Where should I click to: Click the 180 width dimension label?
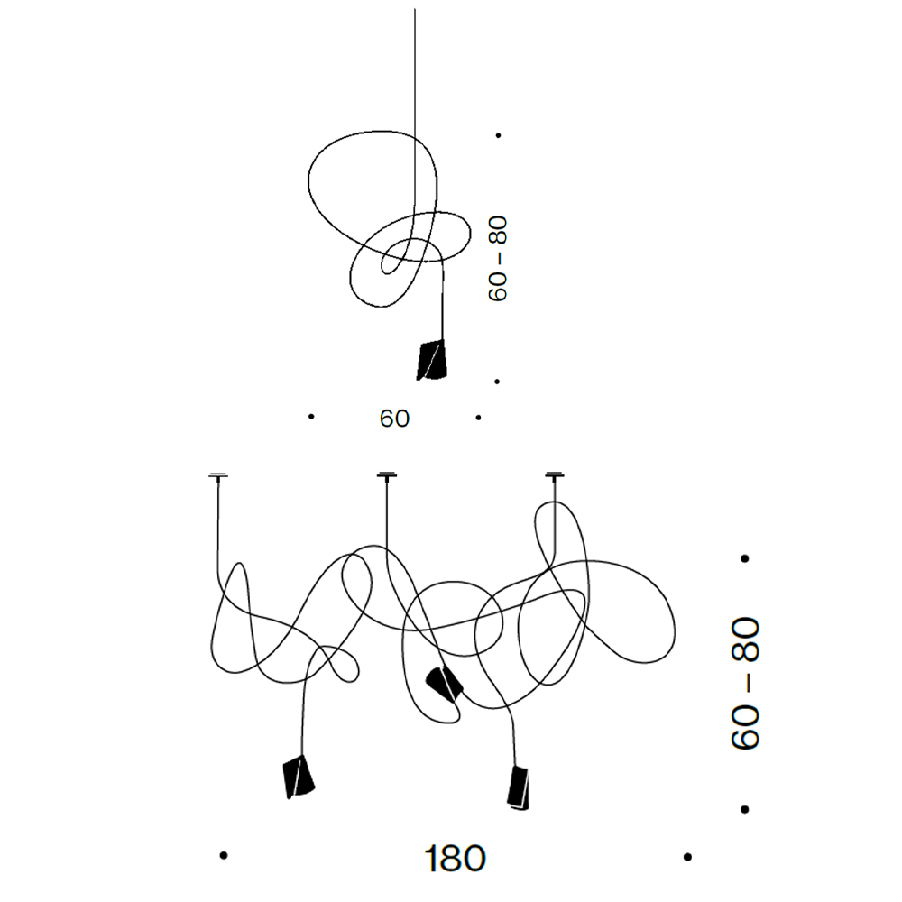click(455, 859)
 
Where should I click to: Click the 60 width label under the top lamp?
click(395, 419)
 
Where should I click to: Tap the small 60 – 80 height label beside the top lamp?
click(498, 258)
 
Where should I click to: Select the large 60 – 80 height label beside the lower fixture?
click(746, 683)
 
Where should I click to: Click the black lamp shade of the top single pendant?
click(431, 360)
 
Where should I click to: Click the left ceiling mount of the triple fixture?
click(218, 475)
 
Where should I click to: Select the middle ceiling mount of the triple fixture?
click(387, 475)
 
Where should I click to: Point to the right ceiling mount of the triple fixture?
click(555, 475)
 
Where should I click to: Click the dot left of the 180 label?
click(224, 855)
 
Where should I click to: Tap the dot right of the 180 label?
click(687, 857)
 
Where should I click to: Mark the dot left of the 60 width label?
click(311, 416)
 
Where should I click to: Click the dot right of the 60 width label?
click(478, 418)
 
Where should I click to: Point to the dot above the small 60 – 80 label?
click(498, 135)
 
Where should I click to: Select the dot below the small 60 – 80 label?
click(497, 382)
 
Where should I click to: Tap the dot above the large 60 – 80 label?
click(745, 558)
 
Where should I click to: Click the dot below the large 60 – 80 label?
click(745, 809)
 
